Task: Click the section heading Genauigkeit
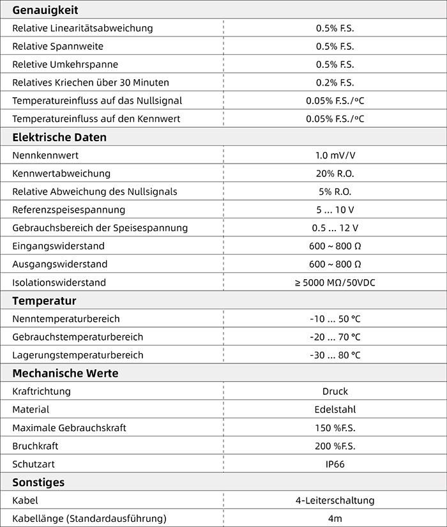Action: (x=45, y=10)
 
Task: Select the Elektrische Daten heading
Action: (x=59, y=137)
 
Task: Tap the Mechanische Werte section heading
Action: (x=65, y=373)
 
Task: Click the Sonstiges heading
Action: (x=38, y=482)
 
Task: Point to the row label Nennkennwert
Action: (x=45, y=155)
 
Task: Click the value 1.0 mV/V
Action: (x=335, y=155)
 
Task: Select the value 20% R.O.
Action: (x=335, y=173)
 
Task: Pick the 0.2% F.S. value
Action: (x=335, y=82)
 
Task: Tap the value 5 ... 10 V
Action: (x=335, y=210)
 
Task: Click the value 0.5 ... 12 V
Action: (x=335, y=228)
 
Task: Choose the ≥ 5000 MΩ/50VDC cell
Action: (x=335, y=282)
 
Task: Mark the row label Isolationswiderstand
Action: (x=59, y=282)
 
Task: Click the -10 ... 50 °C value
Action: (x=335, y=319)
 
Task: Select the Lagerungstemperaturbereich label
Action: (x=78, y=355)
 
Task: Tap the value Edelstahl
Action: (x=335, y=409)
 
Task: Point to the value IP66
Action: (x=335, y=464)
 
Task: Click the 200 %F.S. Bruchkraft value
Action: (x=335, y=446)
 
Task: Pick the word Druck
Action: (x=335, y=391)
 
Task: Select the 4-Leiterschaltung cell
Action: (x=335, y=500)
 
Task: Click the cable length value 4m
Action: (x=335, y=518)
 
